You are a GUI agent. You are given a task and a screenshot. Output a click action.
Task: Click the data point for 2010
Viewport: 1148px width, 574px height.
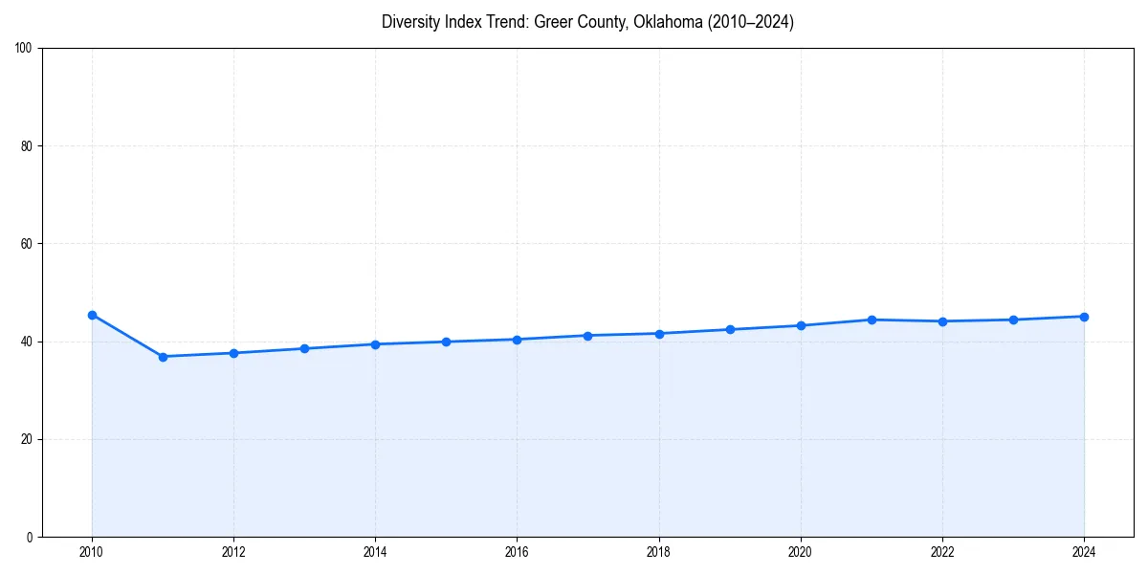(92, 315)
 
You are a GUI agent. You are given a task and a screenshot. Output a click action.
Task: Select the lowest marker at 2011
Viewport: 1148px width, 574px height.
(163, 357)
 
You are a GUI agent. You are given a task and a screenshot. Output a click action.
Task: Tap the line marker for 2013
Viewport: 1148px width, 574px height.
(304, 348)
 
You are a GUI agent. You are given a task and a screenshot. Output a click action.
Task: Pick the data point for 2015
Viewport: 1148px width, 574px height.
(447, 342)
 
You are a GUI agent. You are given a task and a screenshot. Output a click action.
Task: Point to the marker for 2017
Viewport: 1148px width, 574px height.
(587, 336)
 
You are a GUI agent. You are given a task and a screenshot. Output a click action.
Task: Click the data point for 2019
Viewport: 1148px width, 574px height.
(730, 329)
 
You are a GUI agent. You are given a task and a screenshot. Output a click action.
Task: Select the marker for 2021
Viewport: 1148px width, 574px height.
(872, 320)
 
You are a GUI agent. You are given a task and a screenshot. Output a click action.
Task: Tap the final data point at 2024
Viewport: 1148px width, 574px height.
(1084, 317)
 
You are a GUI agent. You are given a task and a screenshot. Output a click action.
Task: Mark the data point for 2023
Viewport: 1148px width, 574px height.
(1013, 320)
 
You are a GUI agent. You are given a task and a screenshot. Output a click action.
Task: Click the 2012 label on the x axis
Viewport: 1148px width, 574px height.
(233, 552)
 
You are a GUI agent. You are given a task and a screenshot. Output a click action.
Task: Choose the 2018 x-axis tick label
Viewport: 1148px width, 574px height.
(658, 552)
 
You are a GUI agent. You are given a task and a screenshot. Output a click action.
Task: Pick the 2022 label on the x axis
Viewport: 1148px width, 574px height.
(942, 552)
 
